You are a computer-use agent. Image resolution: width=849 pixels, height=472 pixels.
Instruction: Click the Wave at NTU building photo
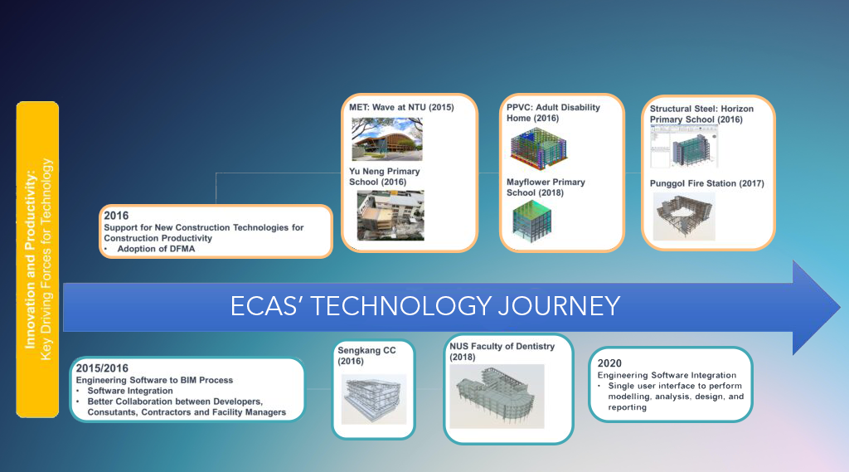[386, 139]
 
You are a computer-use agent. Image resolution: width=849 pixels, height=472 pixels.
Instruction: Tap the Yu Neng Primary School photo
[391, 215]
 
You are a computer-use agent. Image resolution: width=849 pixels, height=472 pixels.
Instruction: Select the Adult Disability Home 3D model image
[538, 148]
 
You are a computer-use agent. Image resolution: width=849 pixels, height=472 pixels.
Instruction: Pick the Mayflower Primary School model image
[531, 221]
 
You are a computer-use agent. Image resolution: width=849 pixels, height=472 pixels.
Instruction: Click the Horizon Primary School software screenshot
[684, 146]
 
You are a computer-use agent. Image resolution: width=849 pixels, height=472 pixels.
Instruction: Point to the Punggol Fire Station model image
[684, 217]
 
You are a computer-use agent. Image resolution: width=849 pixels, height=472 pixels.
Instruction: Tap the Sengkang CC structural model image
[374, 399]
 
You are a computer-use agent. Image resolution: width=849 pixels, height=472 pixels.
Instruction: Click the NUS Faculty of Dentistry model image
[497, 397]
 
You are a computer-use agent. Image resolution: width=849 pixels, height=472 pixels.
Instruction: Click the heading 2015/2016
[102, 368]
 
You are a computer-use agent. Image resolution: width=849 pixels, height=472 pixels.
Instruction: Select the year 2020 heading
[609, 363]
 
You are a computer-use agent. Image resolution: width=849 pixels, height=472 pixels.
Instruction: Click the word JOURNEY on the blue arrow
[559, 306]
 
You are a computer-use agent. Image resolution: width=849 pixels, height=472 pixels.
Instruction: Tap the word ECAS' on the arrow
[266, 306]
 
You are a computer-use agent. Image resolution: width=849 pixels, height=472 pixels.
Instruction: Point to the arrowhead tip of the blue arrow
[840, 307]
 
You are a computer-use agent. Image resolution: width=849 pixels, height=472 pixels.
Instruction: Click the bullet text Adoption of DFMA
[156, 249]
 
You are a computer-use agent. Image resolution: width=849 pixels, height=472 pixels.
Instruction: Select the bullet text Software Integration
[130, 391]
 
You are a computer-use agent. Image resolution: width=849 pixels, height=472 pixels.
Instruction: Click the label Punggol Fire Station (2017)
[706, 183]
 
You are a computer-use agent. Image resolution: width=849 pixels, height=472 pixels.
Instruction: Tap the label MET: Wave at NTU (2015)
[401, 107]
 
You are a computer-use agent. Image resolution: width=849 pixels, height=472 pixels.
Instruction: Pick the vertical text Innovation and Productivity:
[30, 260]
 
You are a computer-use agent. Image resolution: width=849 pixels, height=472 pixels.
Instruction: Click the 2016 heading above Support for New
[116, 216]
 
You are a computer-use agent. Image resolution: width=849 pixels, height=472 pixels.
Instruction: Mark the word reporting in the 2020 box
[627, 407]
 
